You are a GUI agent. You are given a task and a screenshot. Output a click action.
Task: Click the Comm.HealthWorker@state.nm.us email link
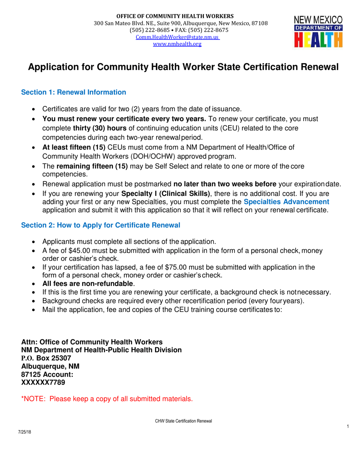[178, 37]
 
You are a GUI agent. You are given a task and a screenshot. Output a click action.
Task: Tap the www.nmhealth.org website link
[177, 44]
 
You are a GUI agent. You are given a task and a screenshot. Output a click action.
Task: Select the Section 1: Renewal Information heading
[74, 92]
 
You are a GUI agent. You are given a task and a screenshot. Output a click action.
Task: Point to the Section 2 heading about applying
[100, 225]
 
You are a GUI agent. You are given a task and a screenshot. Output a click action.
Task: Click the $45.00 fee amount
[76, 250]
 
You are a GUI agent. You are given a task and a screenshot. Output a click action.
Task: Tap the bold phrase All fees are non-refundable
[88, 284]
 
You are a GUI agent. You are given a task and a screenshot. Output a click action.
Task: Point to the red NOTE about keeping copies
[107, 399]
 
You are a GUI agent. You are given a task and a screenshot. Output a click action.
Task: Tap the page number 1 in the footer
[347, 427]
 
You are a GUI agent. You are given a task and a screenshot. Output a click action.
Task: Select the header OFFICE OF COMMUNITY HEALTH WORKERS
[175, 16]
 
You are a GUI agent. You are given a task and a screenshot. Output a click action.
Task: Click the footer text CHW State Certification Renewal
[183, 421]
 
